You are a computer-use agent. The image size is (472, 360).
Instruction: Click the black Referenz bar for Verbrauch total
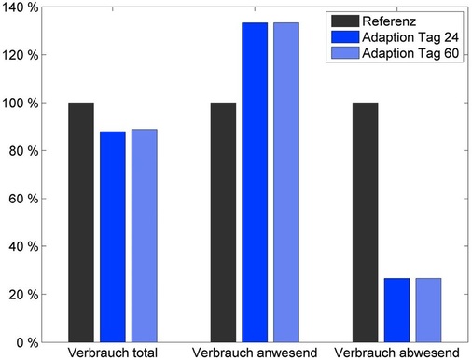81,222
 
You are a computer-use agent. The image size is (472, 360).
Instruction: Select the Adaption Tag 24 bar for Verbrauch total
113,236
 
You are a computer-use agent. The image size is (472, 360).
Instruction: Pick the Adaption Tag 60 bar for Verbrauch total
145,235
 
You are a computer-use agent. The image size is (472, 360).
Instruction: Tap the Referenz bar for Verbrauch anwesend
224,222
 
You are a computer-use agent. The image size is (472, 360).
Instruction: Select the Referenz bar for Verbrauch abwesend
366,222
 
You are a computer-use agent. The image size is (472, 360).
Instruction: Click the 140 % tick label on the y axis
21,7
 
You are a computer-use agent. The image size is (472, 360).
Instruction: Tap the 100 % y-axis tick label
21,103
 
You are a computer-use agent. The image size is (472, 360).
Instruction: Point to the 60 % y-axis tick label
23,199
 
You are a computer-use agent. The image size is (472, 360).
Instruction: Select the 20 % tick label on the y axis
23,294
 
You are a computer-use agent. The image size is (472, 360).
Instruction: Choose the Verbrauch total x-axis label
113,353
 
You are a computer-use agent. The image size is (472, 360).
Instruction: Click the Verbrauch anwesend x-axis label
255,353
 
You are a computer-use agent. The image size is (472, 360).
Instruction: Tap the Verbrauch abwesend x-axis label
396,353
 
